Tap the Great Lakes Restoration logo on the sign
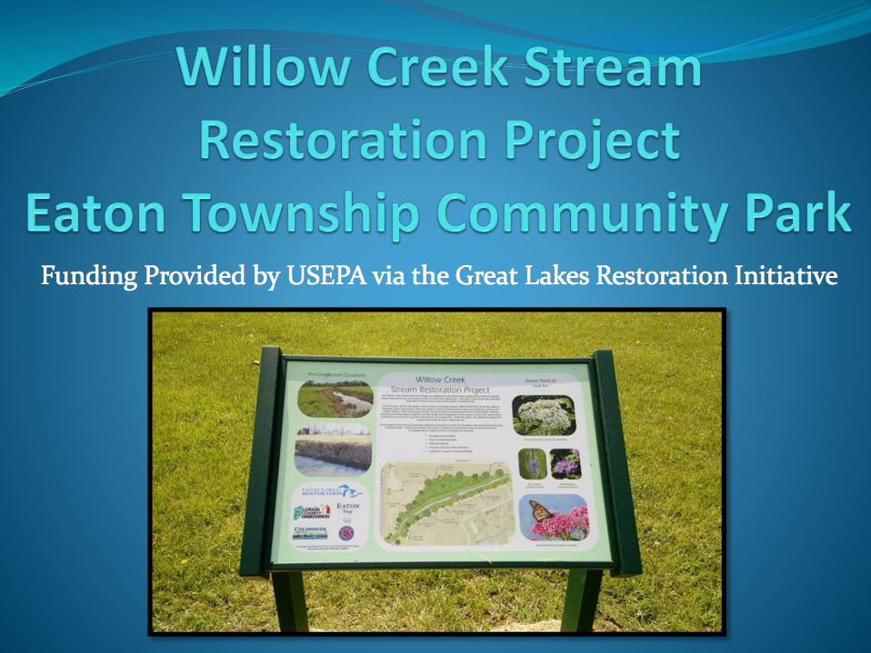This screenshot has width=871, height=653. click(x=328, y=491)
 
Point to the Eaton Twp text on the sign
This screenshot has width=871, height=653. click(x=348, y=510)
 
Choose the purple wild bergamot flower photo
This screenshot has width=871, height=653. click(x=566, y=464)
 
